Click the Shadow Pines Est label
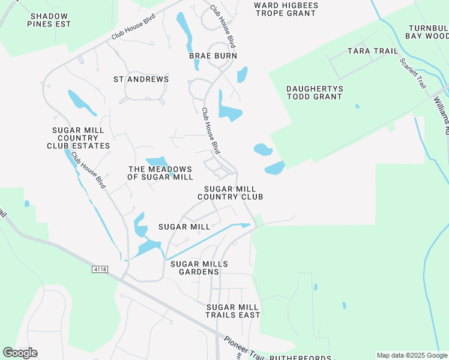[50, 20]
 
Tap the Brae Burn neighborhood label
[213, 56]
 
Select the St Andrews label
[141, 79]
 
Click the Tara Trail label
[373, 51]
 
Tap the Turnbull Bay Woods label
[429, 32]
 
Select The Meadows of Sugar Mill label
[160, 173]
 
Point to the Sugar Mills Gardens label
[199, 268]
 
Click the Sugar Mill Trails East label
[233, 311]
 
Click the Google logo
[20, 353]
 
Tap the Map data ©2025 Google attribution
[412, 355]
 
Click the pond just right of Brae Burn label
[242, 74]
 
